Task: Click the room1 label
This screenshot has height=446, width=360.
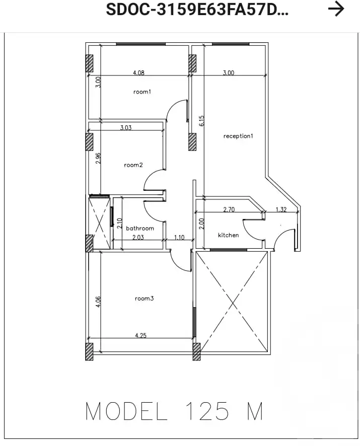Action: (142, 92)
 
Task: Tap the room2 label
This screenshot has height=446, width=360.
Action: (133, 165)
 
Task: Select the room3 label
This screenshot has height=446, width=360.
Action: (144, 299)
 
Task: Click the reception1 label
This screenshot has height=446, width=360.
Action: (238, 136)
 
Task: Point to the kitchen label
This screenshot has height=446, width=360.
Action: (228, 235)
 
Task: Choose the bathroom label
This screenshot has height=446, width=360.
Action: (140, 228)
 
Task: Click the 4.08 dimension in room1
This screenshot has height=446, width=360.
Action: (138, 73)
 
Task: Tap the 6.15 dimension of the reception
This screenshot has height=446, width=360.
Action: (202, 121)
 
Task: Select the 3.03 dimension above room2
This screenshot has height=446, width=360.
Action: (126, 128)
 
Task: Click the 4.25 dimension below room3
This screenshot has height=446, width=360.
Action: (141, 335)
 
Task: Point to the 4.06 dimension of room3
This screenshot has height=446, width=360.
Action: (99, 302)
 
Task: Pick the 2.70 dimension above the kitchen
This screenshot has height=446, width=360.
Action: (229, 209)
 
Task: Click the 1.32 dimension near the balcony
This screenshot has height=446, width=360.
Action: (281, 210)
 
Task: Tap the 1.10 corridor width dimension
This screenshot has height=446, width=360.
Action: (179, 237)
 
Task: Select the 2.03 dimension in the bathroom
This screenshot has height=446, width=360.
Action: (137, 237)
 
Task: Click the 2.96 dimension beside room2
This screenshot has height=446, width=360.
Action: (99, 158)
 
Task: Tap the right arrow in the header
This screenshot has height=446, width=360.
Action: (336, 9)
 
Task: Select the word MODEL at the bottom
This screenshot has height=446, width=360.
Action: (126, 411)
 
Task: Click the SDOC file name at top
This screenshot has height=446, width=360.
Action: (197, 10)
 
